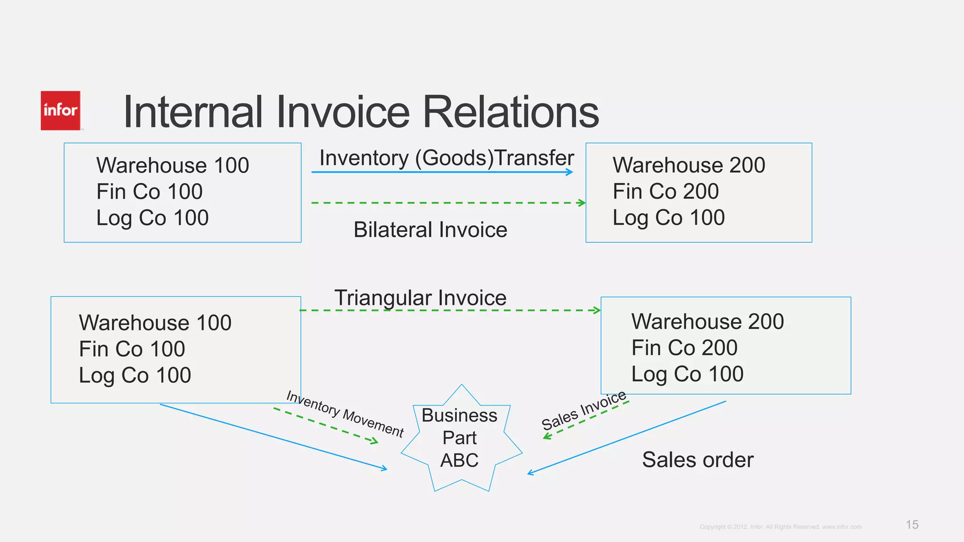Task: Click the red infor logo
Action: coord(60,111)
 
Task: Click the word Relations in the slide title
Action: coord(511,112)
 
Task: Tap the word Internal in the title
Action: coord(193,112)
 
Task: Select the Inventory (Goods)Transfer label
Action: coord(446,158)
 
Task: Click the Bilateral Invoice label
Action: coord(430,230)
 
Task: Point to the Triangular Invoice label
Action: coord(420,298)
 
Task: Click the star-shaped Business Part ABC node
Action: coord(460,438)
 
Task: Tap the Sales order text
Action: coord(698,460)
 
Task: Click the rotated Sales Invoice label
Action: coord(584,410)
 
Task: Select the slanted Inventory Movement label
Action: coord(345,414)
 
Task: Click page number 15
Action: coord(912,525)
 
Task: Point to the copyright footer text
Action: coord(780,527)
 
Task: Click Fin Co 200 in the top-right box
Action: coord(666,191)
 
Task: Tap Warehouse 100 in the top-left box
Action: coord(173,165)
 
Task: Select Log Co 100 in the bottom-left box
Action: coord(135,375)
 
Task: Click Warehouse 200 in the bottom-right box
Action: coord(707,322)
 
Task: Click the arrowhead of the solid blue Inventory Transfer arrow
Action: coord(570,172)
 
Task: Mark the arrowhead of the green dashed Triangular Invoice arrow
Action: coord(597,311)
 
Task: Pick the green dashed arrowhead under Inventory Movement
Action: coord(375,441)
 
